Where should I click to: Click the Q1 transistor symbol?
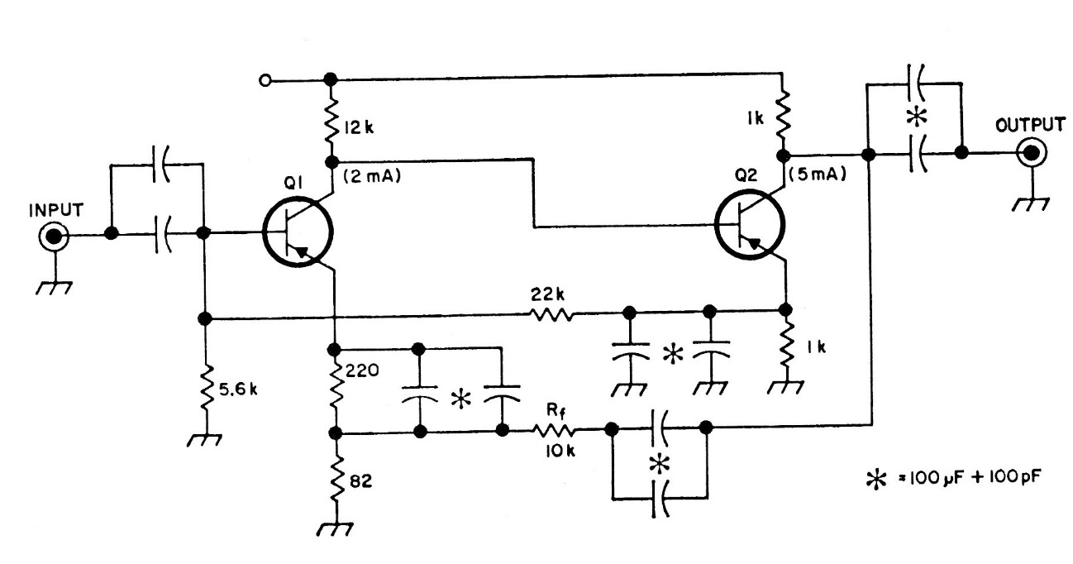(298, 234)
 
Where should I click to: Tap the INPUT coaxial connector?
(54, 237)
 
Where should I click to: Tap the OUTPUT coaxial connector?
(1031, 153)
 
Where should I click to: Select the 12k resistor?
(331, 118)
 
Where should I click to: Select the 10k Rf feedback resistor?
(554, 430)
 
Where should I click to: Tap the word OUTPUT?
(1030, 125)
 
